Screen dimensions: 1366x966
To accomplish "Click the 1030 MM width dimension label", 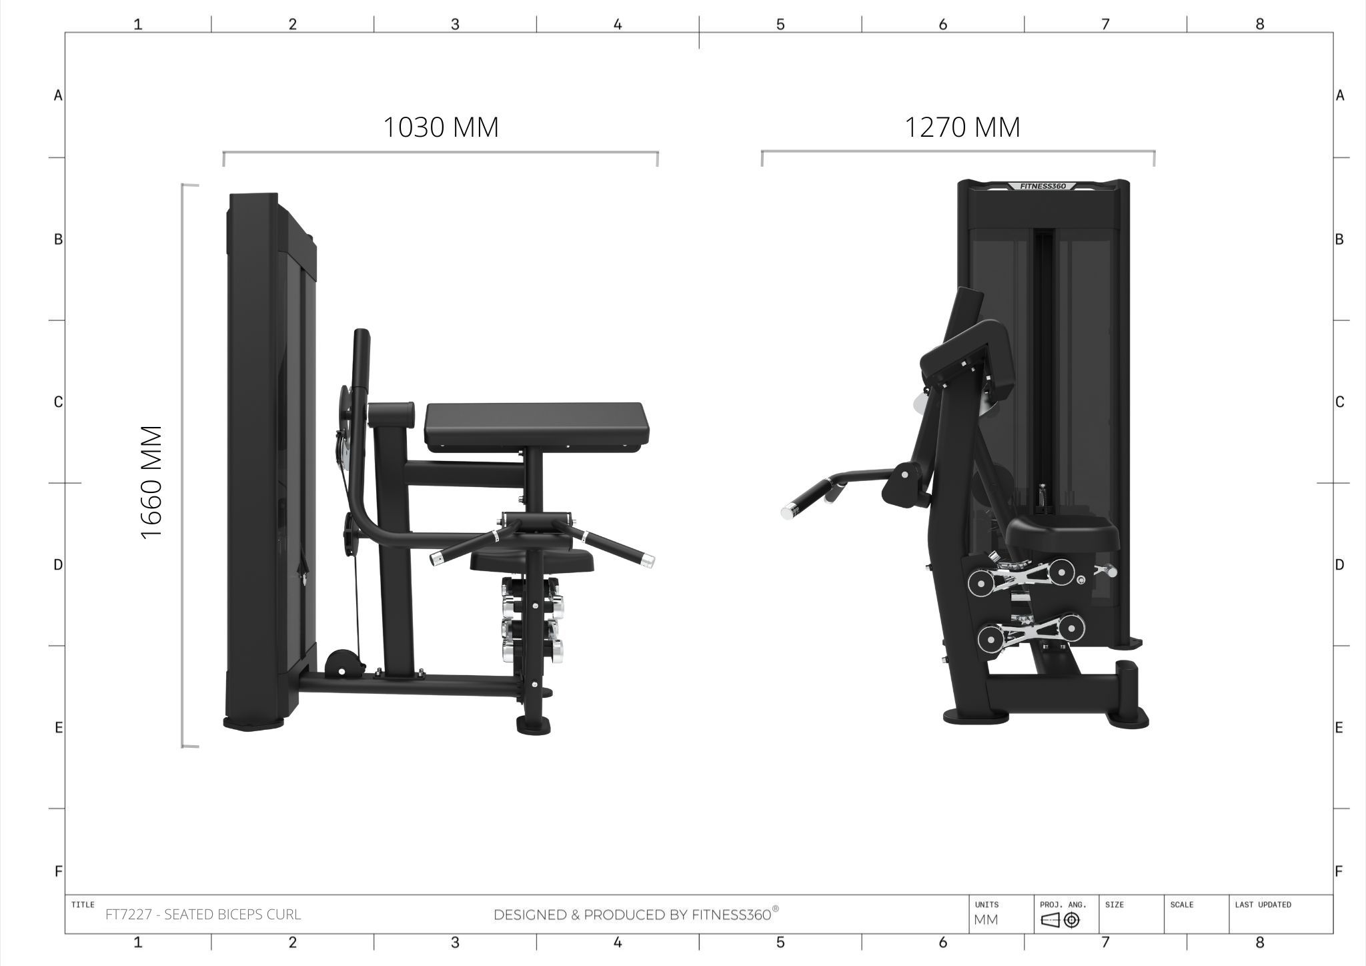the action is [441, 127].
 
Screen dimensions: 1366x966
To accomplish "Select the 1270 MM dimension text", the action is [962, 127].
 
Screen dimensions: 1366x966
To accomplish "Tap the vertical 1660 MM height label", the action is [152, 482].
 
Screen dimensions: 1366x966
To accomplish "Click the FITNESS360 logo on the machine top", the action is [1043, 186].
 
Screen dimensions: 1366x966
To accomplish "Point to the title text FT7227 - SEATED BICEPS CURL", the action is [203, 915].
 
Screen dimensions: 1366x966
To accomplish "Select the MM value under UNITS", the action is [986, 920].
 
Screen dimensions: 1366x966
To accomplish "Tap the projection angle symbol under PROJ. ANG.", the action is [1060, 921].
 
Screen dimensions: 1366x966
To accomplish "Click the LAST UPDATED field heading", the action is [1263, 905].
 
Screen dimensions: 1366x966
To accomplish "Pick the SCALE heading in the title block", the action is [1181, 905].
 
